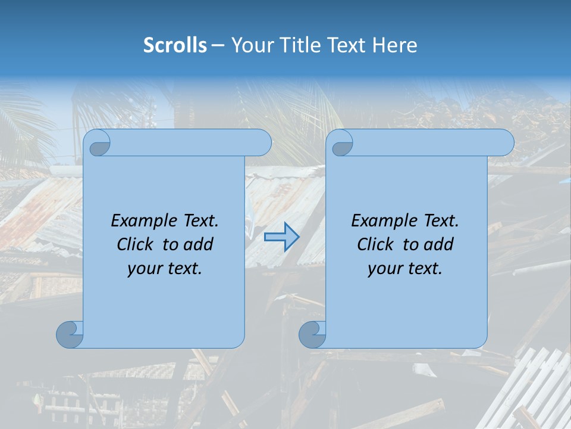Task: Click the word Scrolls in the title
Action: [175, 45]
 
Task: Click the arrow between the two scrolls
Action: [281, 237]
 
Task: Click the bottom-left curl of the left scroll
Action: [70, 334]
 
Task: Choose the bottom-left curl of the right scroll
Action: [313, 334]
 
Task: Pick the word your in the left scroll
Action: [144, 269]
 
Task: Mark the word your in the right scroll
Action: [384, 269]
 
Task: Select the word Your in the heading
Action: [250, 45]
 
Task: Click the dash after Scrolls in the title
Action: [218, 45]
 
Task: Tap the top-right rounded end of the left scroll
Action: [262, 143]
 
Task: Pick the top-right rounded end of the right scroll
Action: [505, 143]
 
